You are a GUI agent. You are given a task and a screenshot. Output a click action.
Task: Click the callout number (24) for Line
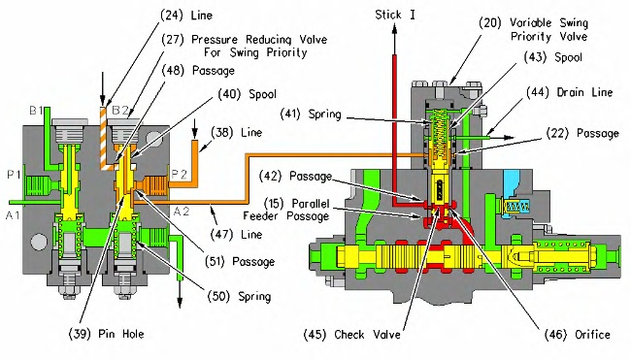tap(172, 16)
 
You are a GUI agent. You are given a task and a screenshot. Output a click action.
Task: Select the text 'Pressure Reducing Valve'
tap(259, 40)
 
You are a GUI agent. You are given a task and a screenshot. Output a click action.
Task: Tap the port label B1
tap(36, 110)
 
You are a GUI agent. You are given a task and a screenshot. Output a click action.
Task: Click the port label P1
tap(14, 175)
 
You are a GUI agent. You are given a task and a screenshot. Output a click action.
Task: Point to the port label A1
tap(13, 215)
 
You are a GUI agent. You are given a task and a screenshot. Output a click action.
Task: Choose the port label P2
tap(179, 174)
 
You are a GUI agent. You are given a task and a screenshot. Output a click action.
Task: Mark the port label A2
tap(181, 212)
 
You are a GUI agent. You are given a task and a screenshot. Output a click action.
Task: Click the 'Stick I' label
tap(395, 15)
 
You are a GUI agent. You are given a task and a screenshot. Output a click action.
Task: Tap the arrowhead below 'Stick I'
tap(394, 30)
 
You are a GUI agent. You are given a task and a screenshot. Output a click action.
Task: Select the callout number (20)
tap(490, 22)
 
